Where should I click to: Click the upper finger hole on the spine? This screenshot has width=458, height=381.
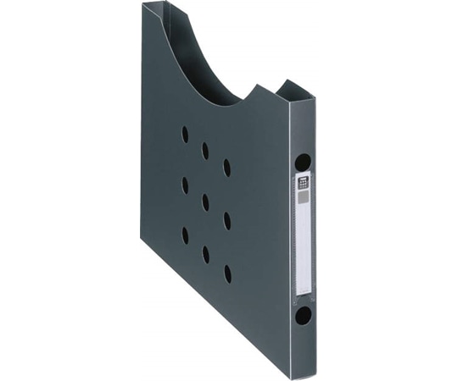tap(303, 162)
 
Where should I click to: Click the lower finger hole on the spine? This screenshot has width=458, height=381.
tap(303, 317)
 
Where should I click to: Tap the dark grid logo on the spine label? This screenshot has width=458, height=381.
tap(303, 182)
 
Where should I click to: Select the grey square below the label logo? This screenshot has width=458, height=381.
tap(303, 196)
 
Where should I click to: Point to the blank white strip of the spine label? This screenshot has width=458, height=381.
tap(303, 246)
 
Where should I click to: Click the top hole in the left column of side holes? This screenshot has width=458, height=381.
tap(185, 134)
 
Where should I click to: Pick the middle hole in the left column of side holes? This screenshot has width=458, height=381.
tap(185, 185)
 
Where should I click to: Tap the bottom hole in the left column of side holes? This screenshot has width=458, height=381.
tap(185, 235)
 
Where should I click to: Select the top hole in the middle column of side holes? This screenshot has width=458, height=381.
tap(205, 151)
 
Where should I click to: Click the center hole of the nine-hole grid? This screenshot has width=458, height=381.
tap(205, 202)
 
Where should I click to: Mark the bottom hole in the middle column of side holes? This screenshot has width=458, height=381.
tap(205, 254)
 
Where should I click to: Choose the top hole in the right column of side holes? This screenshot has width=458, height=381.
tap(226, 168)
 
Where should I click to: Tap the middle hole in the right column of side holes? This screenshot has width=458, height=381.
tap(226, 221)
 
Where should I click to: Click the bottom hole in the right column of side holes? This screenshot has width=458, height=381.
tap(227, 273)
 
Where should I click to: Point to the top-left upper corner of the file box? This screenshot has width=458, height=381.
tap(143, 4)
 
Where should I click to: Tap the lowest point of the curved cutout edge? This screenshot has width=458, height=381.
tap(222, 105)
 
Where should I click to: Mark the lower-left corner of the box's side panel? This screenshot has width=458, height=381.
tap(142, 240)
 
